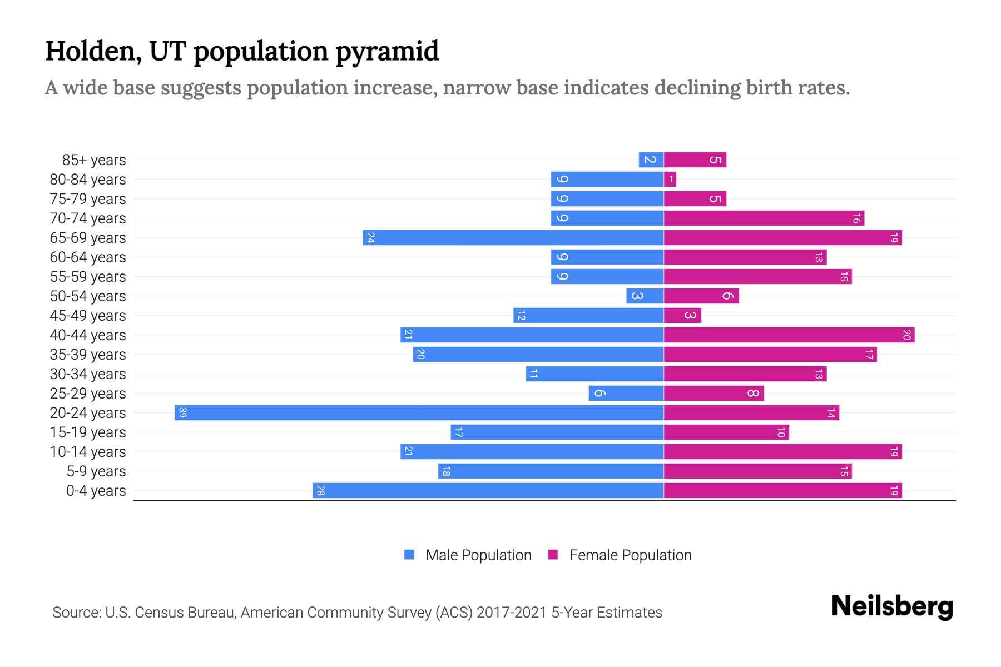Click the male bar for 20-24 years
pyautogui.click(x=419, y=412)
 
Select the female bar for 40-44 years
pyautogui.click(x=789, y=335)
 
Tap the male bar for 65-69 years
pyautogui.click(x=513, y=237)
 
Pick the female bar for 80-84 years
pyautogui.click(x=670, y=179)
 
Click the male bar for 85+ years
pyautogui.click(x=651, y=160)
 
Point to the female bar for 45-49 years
pyautogui.click(x=682, y=315)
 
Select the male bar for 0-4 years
pyautogui.click(x=488, y=490)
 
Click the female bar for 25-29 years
pyautogui.click(x=713, y=393)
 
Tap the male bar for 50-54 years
pyautogui.click(x=645, y=296)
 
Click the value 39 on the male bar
pyautogui.click(x=182, y=412)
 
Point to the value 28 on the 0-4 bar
pyautogui.click(x=320, y=490)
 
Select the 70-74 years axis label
pyautogui.click(x=88, y=218)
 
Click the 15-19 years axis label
pyautogui.click(x=88, y=432)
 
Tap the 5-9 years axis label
pyautogui.click(x=96, y=471)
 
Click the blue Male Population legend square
pyautogui.click(x=409, y=555)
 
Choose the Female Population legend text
pyautogui.click(x=630, y=555)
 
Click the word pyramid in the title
pyautogui.click(x=387, y=52)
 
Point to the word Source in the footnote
pyautogui.click(x=76, y=612)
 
